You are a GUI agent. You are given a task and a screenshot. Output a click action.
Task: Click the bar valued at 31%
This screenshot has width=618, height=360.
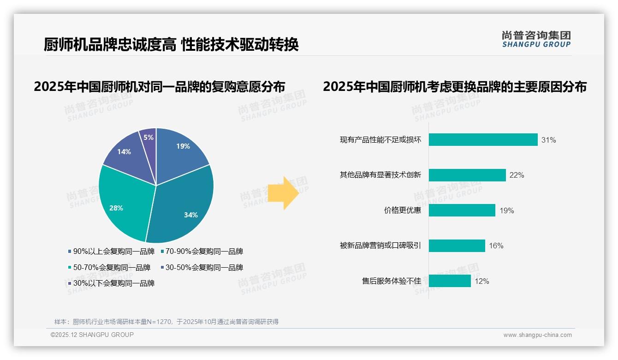tap(483, 140)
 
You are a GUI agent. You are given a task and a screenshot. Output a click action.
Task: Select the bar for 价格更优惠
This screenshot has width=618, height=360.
tap(462, 210)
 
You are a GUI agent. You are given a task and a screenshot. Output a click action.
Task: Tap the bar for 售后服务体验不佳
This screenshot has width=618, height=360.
tap(450, 281)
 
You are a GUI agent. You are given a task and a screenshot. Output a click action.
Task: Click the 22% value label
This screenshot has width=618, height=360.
tap(517, 175)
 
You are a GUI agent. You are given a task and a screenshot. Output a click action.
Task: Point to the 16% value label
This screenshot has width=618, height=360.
tap(496, 246)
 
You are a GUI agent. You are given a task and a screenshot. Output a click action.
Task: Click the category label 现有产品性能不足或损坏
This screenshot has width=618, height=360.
tap(380, 140)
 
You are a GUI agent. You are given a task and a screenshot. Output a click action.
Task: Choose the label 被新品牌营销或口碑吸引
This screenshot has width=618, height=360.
tap(380, 246)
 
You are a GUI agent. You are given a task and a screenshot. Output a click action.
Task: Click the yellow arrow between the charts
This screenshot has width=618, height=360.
tap(283, 192)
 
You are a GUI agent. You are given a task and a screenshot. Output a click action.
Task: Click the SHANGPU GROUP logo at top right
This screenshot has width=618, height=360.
tap(536, 39)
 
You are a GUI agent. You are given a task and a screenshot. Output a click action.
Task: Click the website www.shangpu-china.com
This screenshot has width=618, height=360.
tap(537, 335)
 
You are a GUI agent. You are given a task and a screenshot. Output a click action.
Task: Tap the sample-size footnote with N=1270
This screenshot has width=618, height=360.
tap(166, 322)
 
